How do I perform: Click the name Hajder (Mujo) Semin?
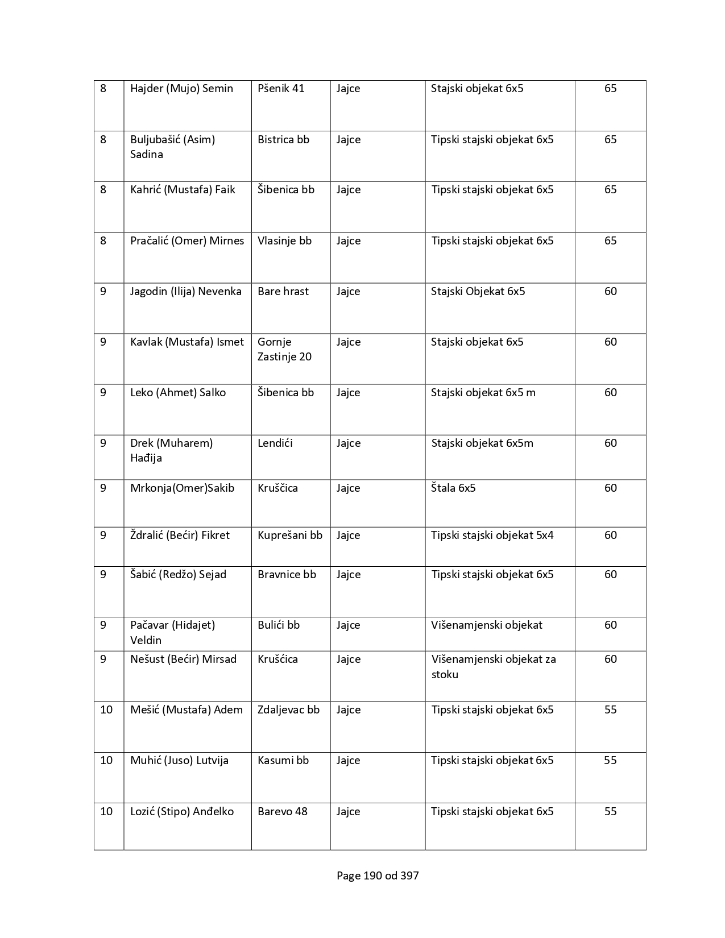point(181,89)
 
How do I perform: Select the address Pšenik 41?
point(281,89)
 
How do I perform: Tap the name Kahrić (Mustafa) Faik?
point(183,190)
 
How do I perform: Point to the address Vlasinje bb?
point(284,241)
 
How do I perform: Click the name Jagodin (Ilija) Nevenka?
point(185,292)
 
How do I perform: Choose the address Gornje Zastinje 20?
point(284,349)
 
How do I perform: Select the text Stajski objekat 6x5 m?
point(483,393)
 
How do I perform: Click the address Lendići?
point(275,443)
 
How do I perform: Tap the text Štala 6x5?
point(453,488)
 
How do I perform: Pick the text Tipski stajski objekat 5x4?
point(492,536)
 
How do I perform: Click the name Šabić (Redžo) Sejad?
point(178,575)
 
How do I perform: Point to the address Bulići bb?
point(278,625)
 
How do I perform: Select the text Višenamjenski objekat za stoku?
point(493,667)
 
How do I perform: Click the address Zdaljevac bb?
point(288,710)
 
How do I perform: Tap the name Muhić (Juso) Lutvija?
point(179,761)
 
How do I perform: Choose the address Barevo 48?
point(282,812)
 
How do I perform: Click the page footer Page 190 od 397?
point(378,876)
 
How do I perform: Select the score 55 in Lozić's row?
point(610,812)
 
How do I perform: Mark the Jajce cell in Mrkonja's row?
point(348,488)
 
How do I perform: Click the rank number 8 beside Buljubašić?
point(103,140)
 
